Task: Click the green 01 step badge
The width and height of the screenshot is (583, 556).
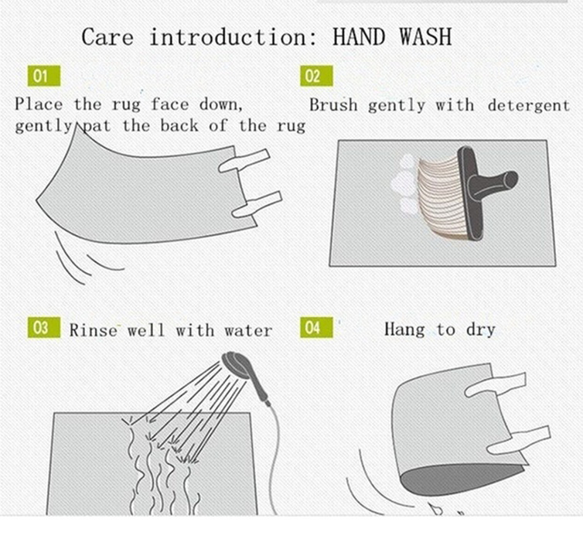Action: (44, 76)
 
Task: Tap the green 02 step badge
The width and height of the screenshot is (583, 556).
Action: (316, 76)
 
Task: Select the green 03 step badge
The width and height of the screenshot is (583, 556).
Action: (44, 327)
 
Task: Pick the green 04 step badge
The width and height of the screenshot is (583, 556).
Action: (316, 327)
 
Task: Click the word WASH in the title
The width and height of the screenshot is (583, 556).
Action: (426, 37)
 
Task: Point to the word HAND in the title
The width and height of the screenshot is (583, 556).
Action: (359, 37)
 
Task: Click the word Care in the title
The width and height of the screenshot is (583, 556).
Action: (107, 37)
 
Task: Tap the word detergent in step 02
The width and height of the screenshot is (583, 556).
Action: (528, 106)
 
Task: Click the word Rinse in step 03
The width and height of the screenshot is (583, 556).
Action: (93, 330)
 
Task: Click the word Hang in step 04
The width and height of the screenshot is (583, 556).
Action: (404, 330)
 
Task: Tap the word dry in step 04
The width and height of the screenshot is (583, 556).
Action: (480, 330)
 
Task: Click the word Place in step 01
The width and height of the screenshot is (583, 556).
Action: (39, 104)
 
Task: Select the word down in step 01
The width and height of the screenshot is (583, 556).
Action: (221, 104)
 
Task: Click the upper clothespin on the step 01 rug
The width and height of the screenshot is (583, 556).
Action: (244, 161)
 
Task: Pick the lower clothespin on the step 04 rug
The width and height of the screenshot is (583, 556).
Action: (519, 440)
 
